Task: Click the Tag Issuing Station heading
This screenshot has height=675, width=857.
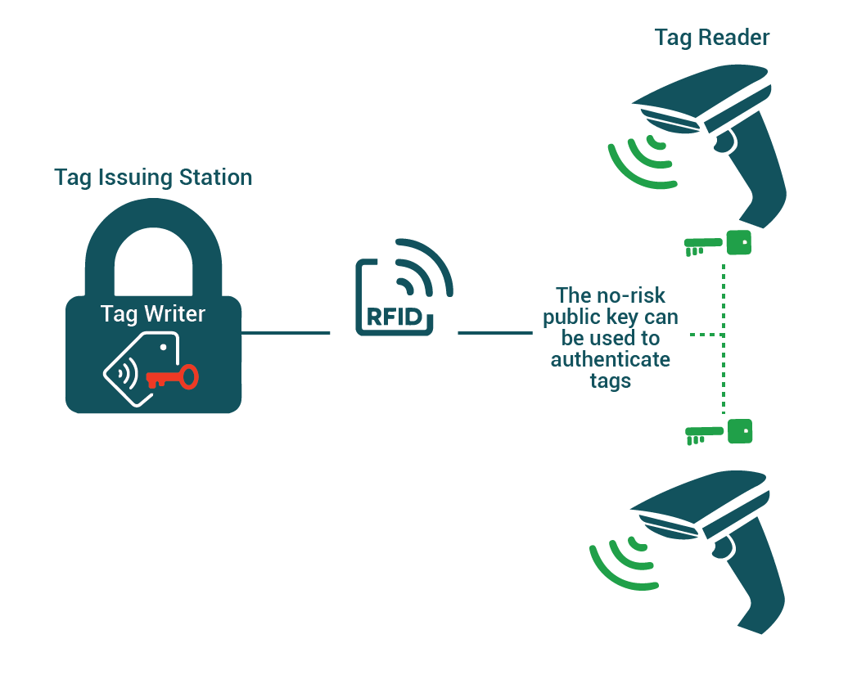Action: (153, 178)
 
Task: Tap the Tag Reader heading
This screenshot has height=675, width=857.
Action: (712, 38)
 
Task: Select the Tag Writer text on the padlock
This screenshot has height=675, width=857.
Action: (153, 313)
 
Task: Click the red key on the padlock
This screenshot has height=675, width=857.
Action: (173, 377)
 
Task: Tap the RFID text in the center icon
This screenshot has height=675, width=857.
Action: (395, 317)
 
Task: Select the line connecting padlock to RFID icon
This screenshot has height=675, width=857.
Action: (286, 333)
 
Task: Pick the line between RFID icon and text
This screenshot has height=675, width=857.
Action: (494, 333)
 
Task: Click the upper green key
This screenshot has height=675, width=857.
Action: (718, 243)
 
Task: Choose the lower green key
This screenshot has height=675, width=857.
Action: (718, 432)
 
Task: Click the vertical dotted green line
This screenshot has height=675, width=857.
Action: (724, 335)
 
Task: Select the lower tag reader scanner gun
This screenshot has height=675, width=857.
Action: (720, 540)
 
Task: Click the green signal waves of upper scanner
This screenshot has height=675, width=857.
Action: (643, 160)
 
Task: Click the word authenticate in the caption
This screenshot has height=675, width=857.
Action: (610, 359)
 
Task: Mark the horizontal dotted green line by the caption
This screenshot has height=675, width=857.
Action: (705, 335)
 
